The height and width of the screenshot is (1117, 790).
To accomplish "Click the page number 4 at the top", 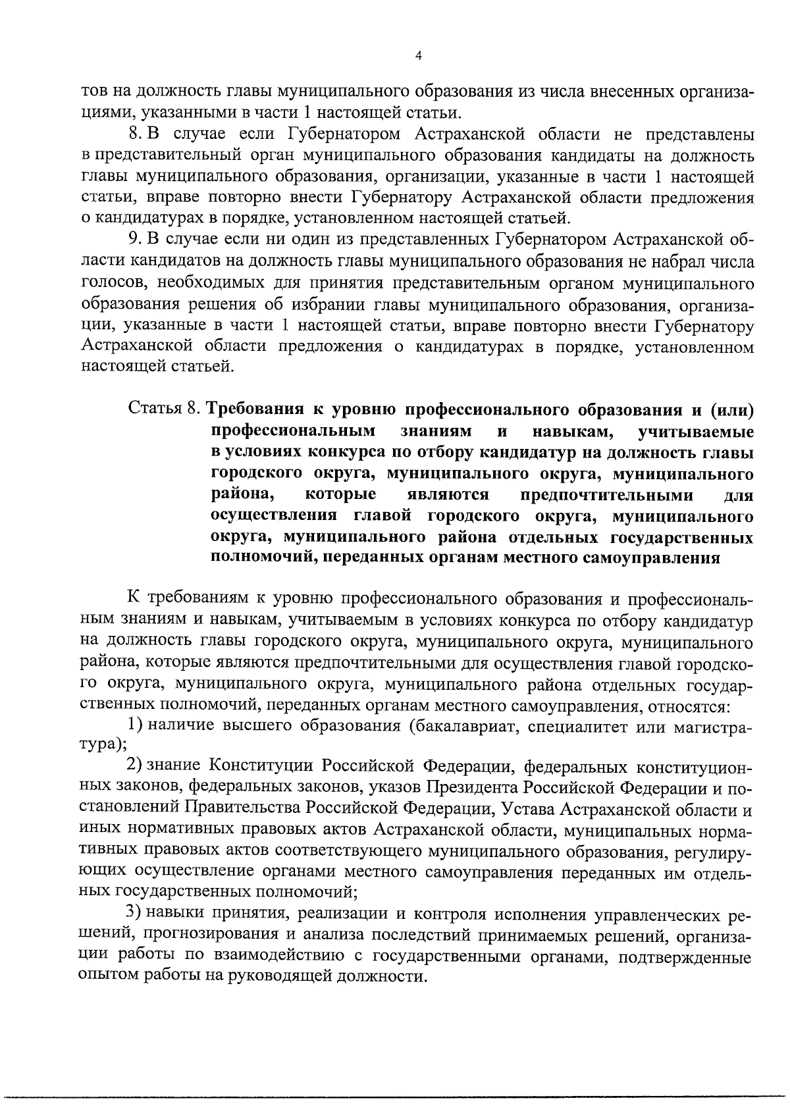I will point(419,56).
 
